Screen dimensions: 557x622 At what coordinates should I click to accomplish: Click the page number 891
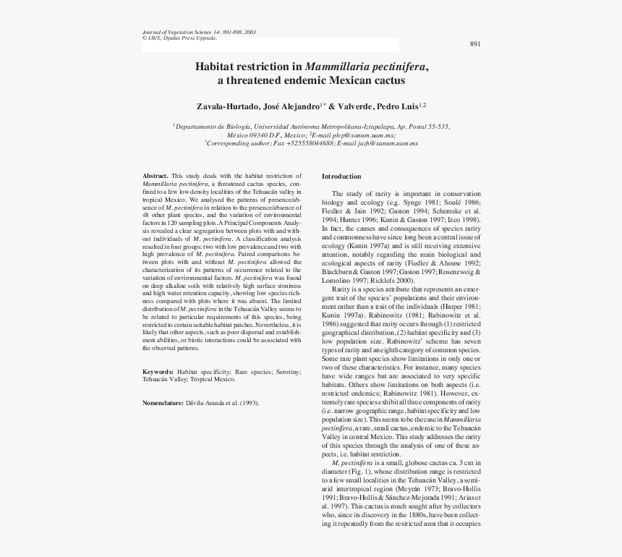pyautogui.click(x=475, y=44)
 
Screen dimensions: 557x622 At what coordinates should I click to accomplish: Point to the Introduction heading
pyautogui.click(x=341, y=177)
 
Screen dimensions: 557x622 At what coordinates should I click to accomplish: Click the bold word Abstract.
pyautogui.click(x=155, y=177)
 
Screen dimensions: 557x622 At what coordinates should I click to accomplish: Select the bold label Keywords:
pyautogui.click(x=158, y=371)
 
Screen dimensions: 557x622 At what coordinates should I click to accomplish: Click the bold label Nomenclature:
pyautogui.click(x=163, y=402)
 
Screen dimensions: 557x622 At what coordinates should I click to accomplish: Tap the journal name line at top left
pyautogui.click(x=199, y=33)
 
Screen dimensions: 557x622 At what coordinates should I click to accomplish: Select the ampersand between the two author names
pyautogui.click(x=333, y=106)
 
